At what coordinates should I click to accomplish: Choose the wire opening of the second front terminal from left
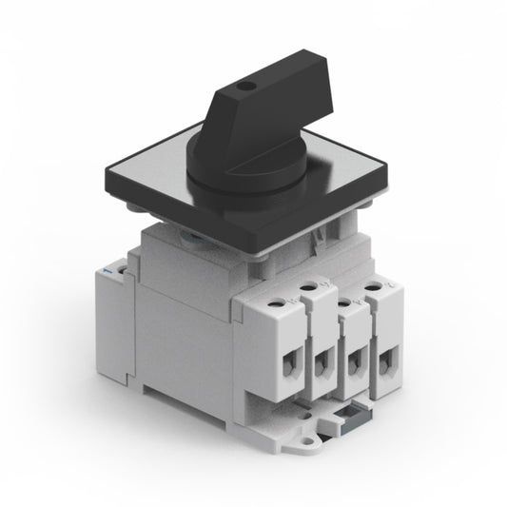coord(322,361)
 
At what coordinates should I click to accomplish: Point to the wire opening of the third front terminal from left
coord(358,363)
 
